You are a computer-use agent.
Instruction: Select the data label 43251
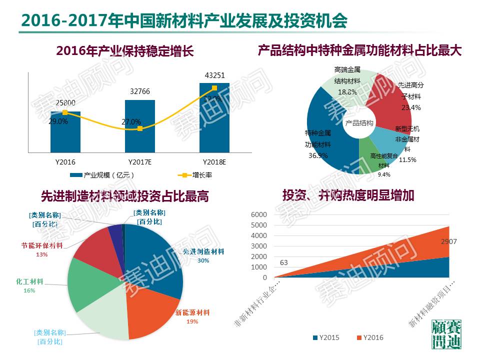pyautogui.click(x=214, y=75)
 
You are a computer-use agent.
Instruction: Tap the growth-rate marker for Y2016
pyautogui.click(x=65, y=112)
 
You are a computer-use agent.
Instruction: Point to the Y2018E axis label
pyautogui.click(x=214, y=162)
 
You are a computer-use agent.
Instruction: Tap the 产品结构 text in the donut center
pyautogui.click(x=359, y=123)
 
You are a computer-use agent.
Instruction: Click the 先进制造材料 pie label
pyautogui.click(x=202, y=251)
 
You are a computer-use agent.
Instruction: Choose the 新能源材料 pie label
pyautogui.click(x=192, y=313)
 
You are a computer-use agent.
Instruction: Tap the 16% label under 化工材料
pyautogui.click(x=29, y=290)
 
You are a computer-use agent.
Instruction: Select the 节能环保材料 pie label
pyautogui.click(x=42, y=245)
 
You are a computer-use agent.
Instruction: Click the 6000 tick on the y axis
pyautogui.click(x=261, y=214)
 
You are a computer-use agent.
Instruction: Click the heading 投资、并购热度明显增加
pyautogui.click(x=348, y=195)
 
